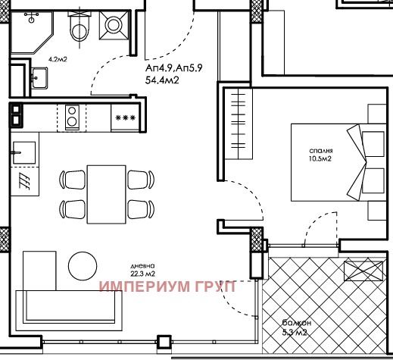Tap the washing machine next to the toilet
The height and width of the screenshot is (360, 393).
pos(114,25)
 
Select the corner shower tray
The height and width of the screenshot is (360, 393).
pos(32,32)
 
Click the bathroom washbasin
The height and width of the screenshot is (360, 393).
pos(39,78)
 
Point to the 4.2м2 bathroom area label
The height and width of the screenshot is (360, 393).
pos(58,60)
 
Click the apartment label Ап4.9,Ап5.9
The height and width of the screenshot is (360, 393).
pos(174,68)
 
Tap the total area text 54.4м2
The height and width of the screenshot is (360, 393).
pos(162,80)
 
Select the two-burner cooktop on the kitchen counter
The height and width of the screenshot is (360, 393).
pos(72,117)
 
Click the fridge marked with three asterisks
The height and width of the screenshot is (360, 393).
pos(125,118)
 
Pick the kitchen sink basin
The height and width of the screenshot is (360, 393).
pos(24,152)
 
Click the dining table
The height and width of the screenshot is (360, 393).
pos(106,194)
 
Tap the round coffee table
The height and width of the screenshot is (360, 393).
pos(83,266)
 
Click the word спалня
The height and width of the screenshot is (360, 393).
pos(321,151)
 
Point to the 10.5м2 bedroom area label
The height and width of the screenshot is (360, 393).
pos(320,158)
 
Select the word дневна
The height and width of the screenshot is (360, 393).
pos(142,266)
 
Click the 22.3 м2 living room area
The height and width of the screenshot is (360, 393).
pos(142,274)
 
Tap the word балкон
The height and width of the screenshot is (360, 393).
pos(297,323)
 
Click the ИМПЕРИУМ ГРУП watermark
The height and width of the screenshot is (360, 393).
pos(167,286)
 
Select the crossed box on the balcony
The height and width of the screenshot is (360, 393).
pos(363,271)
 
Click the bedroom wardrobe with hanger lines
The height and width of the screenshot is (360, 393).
pos(239,123)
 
